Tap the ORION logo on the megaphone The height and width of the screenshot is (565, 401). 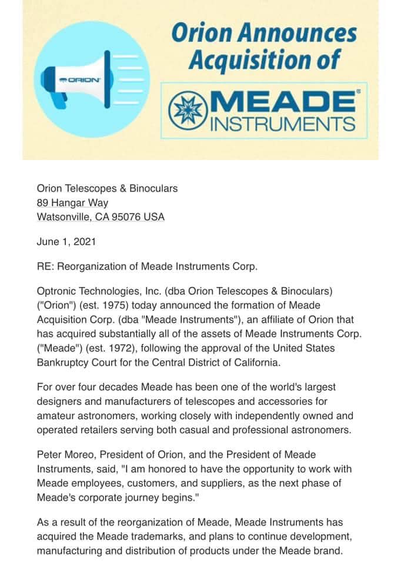(81, 79)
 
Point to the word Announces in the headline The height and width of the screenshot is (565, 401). (302, 33)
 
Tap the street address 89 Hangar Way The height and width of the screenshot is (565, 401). (72, 203)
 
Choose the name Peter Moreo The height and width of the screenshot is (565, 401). (65, 455)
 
